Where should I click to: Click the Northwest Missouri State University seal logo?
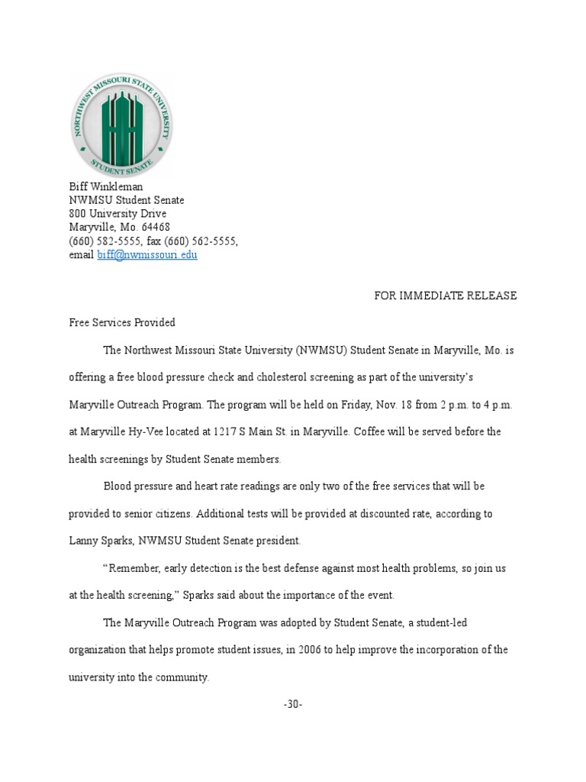pyautogui.click(x=122, y=126)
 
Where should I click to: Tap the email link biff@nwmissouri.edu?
pyautogui.click(x=147, y=255)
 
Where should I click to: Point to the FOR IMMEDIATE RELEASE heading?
pyautogui.click(x=445, y=296)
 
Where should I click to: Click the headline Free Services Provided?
pyautogui.click(x=122, y=322)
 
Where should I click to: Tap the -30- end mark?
pyautogui.click(x=293, y=704)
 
